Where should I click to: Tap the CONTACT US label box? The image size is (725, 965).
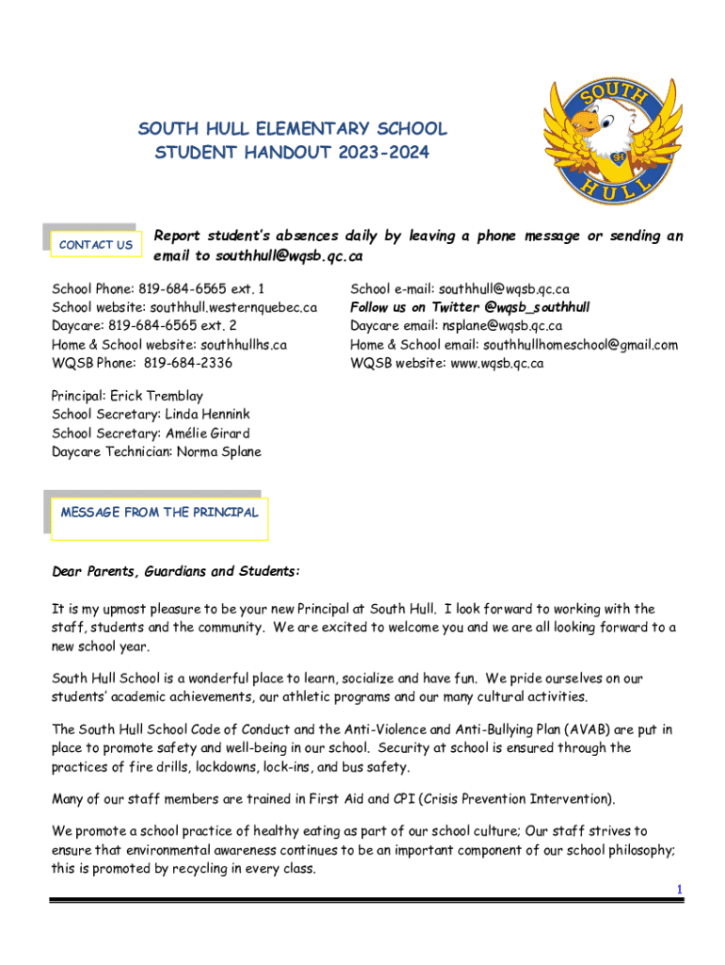[x=95, y=245]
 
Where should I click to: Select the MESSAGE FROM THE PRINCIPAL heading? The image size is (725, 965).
[x=159, y=513]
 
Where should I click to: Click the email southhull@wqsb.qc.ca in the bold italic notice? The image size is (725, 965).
[x=289, y=256]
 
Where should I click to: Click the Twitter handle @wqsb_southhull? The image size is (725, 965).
[x=537, y=307]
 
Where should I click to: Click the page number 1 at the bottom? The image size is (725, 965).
[x=679, y=890]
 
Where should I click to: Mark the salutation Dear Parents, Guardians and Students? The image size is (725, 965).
[x=176, y=572]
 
